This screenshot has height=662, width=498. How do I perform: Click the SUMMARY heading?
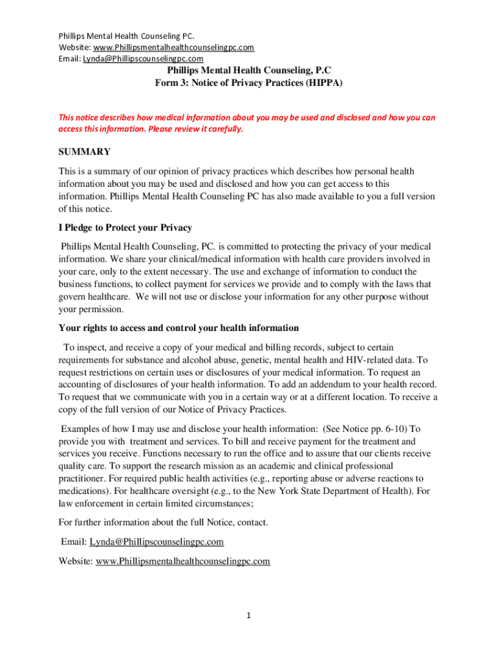(x=85, y=152)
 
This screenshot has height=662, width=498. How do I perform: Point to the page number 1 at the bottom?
(x=248, y=615)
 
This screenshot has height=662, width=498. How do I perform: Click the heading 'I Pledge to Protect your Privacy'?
(x=125, y=228)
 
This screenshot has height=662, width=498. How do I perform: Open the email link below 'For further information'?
(x=157, y=542)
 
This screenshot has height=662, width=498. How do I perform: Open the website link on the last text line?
(x=182, y=561)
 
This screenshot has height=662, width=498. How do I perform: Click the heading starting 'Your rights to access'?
(x=179, y=328)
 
